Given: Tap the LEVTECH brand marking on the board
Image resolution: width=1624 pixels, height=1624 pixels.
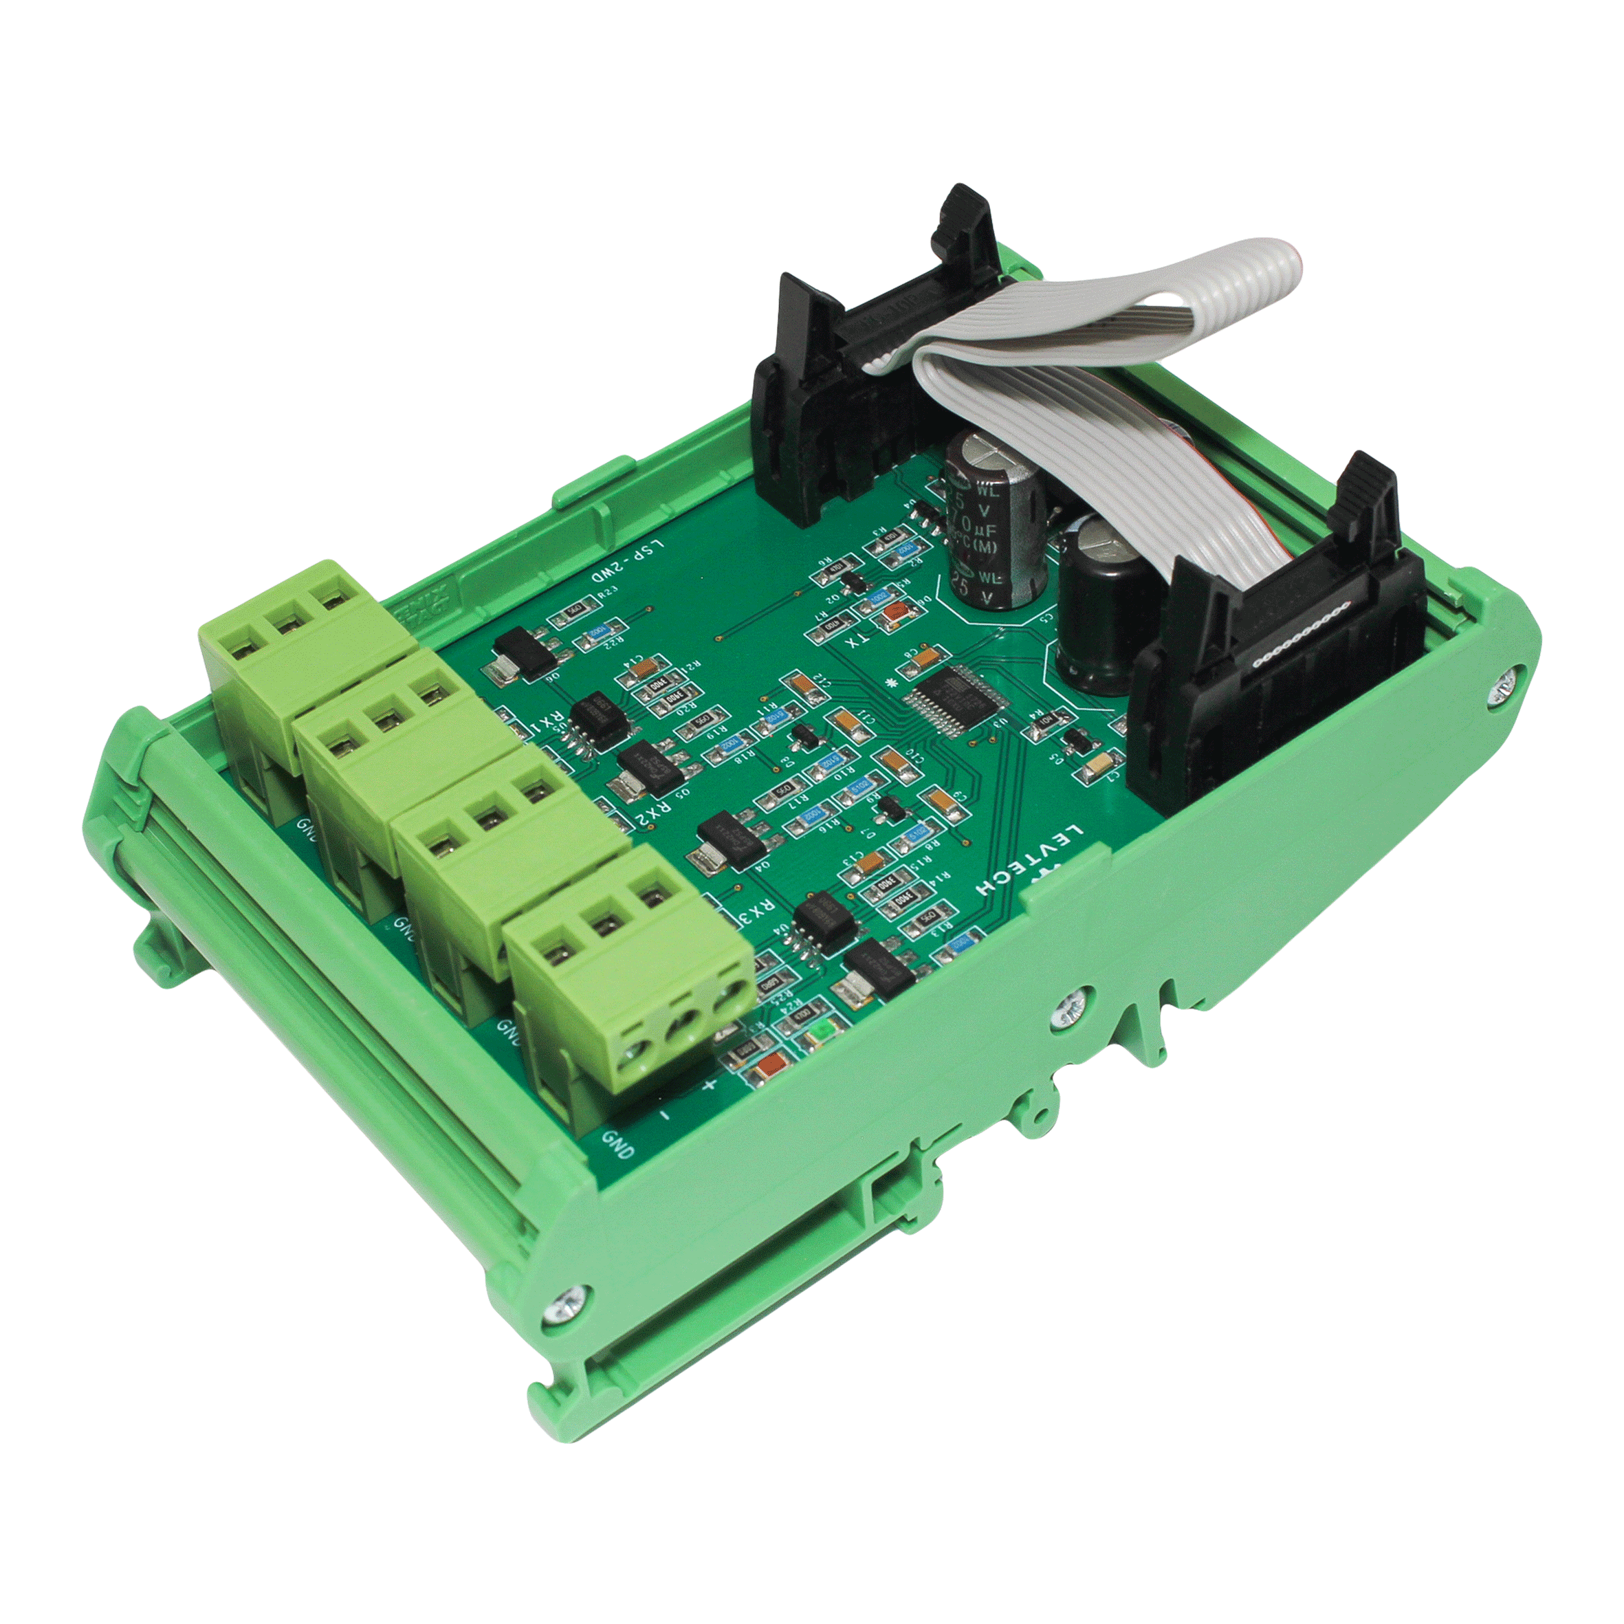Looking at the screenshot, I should coord(1031,859).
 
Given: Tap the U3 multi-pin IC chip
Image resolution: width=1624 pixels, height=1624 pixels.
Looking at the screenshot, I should coord(954,697).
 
